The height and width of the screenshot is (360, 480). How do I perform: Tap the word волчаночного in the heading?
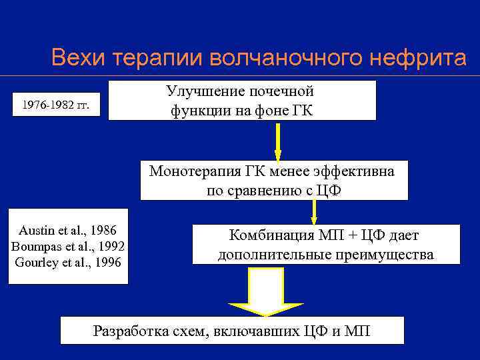277,58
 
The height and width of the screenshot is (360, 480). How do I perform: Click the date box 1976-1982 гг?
57,104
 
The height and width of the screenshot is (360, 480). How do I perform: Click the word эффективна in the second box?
356,171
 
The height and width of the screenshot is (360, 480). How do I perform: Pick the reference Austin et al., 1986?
68,231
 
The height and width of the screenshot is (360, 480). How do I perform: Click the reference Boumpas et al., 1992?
68,246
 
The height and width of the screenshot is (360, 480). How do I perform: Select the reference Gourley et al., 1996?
68,262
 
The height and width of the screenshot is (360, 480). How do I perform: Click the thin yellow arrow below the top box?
277,141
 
